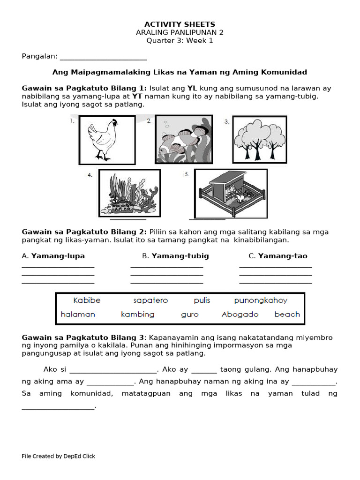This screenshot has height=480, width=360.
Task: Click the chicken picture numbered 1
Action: [x=105, y=139]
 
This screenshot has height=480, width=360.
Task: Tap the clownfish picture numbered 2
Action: [x=184, y=139]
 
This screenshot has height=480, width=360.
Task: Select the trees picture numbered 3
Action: [x=259, y=139]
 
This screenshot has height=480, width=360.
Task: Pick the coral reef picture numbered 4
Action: [x=129, y=193]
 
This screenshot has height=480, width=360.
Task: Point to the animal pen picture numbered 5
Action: [x=231, y=193]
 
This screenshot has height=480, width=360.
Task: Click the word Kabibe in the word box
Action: [x=87, y=300]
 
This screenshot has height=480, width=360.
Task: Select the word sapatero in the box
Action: [x=150, y=300]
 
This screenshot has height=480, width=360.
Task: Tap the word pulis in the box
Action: [x=202, y=300]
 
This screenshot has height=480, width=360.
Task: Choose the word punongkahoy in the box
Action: [x=261, y=300]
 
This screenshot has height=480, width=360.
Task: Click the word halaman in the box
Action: [x=78, y=315]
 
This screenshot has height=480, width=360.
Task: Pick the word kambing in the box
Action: [x=137, y=315]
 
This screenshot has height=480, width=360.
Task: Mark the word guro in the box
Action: [x=190, y=315]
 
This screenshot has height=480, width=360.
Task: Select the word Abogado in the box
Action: [x=240, y=315]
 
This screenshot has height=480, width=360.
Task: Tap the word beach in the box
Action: [x=287, y=315]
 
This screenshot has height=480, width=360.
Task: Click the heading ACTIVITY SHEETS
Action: [x=180, y=24]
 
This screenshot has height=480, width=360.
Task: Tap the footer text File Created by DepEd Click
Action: [x=58, y=456]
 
